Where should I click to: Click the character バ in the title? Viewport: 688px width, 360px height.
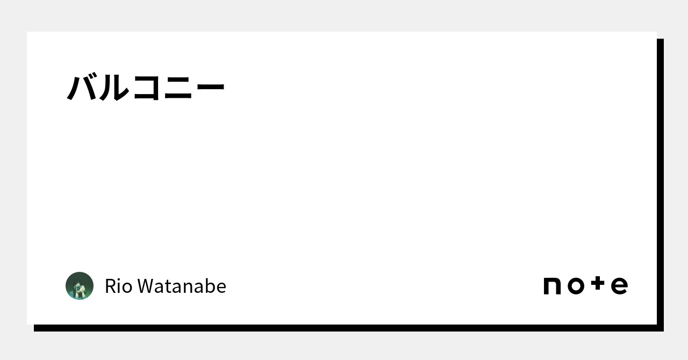tap(82, 87)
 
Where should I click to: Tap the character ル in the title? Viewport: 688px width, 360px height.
tap(113, 88)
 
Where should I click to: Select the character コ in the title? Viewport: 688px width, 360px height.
tap(147, 88)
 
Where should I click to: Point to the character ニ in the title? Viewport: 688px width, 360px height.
tap(178, 88)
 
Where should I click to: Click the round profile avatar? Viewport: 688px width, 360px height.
tap(80, 286)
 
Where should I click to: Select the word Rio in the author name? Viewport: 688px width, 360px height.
tap(119, 286)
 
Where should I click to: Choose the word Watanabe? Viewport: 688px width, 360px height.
tap(182, 286)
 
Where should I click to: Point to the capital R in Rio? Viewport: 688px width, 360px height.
tap(111, 286)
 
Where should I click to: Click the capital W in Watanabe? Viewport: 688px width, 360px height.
tap(147, 286)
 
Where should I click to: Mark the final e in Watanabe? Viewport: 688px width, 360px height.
tap(221, 289)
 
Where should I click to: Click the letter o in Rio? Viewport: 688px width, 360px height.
tap(127, 289)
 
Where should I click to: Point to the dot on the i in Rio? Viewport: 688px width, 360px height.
tap(118, 279)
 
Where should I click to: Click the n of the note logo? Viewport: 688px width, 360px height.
tap(552, 286)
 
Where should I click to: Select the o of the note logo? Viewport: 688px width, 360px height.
tap(576, 286)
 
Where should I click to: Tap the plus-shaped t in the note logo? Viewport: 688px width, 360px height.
tap(598, 283)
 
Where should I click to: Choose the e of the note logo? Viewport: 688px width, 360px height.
tap(620, 286)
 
